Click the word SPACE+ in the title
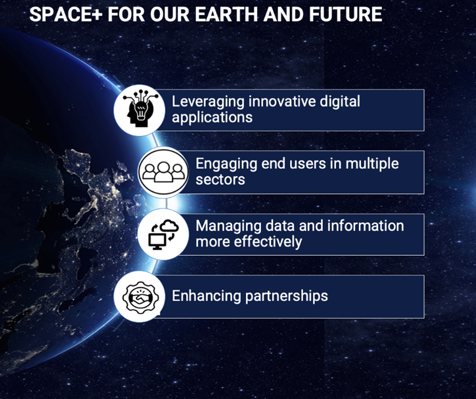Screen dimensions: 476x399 65,14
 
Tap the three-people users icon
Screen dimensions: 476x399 164,172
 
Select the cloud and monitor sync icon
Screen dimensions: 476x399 164,234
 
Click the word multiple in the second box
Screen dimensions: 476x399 372,165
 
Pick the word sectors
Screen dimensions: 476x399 220,180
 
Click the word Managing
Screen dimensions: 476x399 229,226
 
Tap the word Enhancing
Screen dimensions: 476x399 206,296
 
